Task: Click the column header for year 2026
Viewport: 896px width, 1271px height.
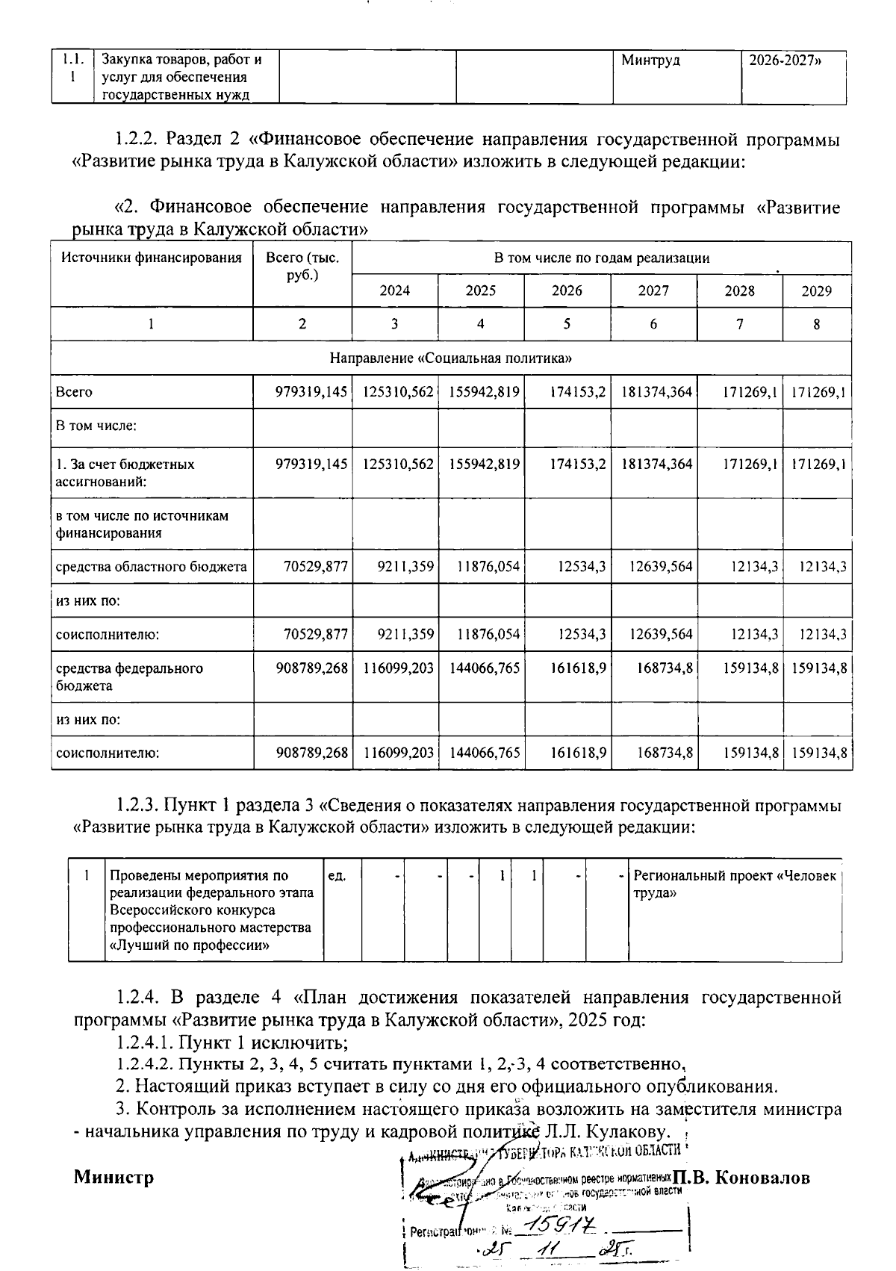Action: [567, 290]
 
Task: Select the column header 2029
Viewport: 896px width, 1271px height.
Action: [816, 291]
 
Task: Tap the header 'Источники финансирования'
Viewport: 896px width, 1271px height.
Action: [152, 258]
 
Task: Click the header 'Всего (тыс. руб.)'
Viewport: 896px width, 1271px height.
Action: [302, 266]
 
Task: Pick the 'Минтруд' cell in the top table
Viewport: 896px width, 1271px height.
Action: [650, 60]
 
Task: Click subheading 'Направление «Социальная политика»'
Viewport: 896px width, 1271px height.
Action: [451, 358]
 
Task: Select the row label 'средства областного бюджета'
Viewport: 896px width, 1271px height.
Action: [152, 567]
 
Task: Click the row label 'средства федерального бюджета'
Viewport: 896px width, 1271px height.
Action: [129, 677]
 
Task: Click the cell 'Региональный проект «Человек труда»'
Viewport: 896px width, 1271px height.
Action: [735, 884]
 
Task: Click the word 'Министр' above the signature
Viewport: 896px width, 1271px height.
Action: [113, 1178]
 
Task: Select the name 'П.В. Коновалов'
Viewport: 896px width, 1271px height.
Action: [741, 1178]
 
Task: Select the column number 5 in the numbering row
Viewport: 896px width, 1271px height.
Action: [567, 324]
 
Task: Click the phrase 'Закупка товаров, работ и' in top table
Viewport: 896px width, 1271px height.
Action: [181, 60]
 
